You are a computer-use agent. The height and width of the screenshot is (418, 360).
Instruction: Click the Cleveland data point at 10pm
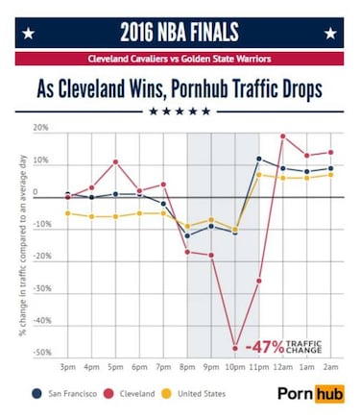[x=235, y=348]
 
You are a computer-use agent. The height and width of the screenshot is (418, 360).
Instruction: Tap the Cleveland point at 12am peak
[x=282, y=136]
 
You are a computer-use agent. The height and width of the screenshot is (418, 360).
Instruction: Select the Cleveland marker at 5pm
[x=115, y=161]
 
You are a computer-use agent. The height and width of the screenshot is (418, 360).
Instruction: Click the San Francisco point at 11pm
[x=259, y=159]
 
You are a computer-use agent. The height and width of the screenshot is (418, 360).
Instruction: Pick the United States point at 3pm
[x=67, y=213]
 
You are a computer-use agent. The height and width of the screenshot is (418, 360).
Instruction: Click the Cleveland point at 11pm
[x=259, y=281]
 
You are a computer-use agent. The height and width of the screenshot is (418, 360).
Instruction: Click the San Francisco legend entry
[x=70, y=394]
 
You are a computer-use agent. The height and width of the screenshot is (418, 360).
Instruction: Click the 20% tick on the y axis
[x=40, y=128]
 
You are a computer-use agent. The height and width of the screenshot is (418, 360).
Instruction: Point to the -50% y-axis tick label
[x=40, y=353]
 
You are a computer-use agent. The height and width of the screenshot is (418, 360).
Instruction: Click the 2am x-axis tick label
[x=330, y=368]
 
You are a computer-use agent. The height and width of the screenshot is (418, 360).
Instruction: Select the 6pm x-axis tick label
[x=139, y=368]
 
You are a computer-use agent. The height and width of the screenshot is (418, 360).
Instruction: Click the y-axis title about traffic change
[x=19, y=240]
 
